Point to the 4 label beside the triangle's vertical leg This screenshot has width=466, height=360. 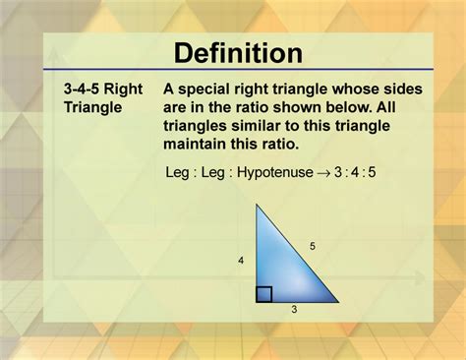pyautogui.click(x=239, y=261)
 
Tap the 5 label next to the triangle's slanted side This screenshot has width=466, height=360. pyautogui.click(x=313, y=246)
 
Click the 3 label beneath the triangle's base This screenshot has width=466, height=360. pyautogui.click(x=294, y=308)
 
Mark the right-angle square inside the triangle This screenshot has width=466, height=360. pyautogui.click(x=263, y=293)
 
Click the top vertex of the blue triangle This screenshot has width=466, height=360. pyautogui.click(x=258, y=206)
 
